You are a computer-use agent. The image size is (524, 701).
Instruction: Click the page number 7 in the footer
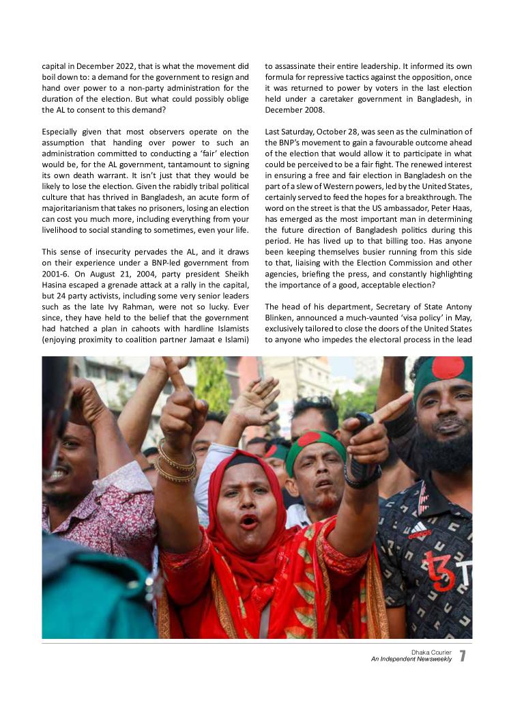463,656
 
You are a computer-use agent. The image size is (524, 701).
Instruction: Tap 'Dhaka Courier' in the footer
431,652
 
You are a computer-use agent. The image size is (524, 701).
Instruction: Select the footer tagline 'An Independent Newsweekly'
411,659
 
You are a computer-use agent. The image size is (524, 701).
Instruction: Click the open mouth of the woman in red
248,521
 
